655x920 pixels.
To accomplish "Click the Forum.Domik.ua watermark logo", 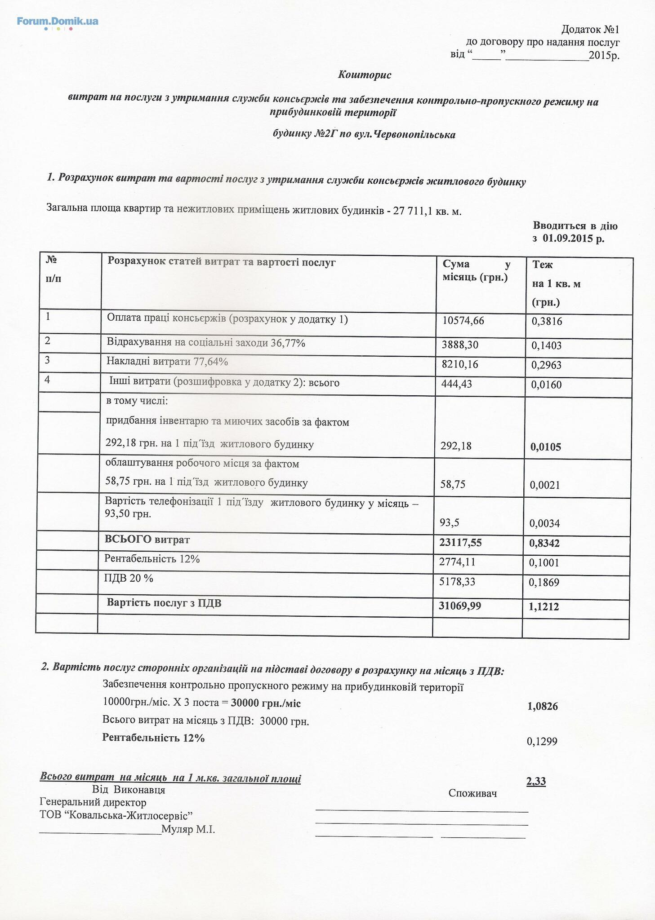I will (58, 21).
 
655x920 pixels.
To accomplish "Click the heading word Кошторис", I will (365, 75).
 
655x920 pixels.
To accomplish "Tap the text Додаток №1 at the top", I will (590, 30).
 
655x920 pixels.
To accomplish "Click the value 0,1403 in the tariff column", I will (546, 345).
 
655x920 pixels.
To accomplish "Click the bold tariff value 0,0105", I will (546, 447).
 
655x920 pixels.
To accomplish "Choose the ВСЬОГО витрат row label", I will (147, 540).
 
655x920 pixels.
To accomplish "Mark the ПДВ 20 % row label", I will (128, 578).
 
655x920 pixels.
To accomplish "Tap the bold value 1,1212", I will (544, 607).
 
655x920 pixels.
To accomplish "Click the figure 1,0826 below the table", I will (542, 707).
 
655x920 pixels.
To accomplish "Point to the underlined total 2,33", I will (536, 782).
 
